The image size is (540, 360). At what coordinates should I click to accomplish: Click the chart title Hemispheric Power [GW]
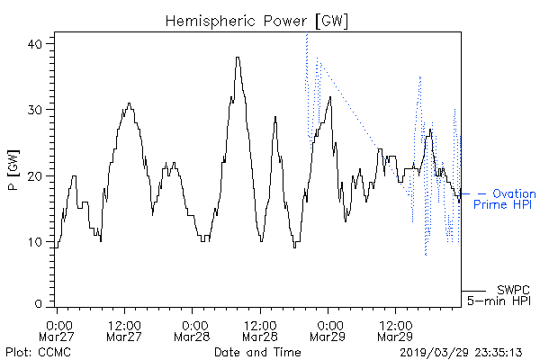256,22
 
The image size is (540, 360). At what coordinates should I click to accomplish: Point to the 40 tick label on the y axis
34,44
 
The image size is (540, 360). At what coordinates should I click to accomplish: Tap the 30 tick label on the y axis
34,110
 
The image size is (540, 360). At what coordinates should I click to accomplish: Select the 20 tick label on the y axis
34,176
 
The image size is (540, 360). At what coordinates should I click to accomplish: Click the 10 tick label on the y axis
35,242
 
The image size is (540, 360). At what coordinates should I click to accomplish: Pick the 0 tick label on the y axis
39,304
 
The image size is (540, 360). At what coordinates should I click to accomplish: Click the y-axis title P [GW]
13,170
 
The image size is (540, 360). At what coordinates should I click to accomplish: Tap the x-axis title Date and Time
257,352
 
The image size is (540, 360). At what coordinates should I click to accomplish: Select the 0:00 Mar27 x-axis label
57,330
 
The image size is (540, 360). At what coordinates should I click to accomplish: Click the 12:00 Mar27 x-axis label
124,330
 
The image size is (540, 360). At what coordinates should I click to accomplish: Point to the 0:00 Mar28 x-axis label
192,330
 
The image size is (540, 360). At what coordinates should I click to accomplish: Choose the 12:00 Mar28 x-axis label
260,330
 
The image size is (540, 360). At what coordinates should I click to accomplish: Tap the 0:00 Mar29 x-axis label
328,330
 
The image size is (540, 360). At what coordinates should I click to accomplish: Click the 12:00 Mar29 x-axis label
395,330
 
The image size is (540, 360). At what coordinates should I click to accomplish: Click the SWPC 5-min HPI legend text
499,295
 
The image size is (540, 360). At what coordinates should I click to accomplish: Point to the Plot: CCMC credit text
38,352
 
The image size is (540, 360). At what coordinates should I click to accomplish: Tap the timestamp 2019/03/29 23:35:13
461,353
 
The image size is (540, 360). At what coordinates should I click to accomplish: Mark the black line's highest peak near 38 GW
238,58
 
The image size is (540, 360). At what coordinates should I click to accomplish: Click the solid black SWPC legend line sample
473,291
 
